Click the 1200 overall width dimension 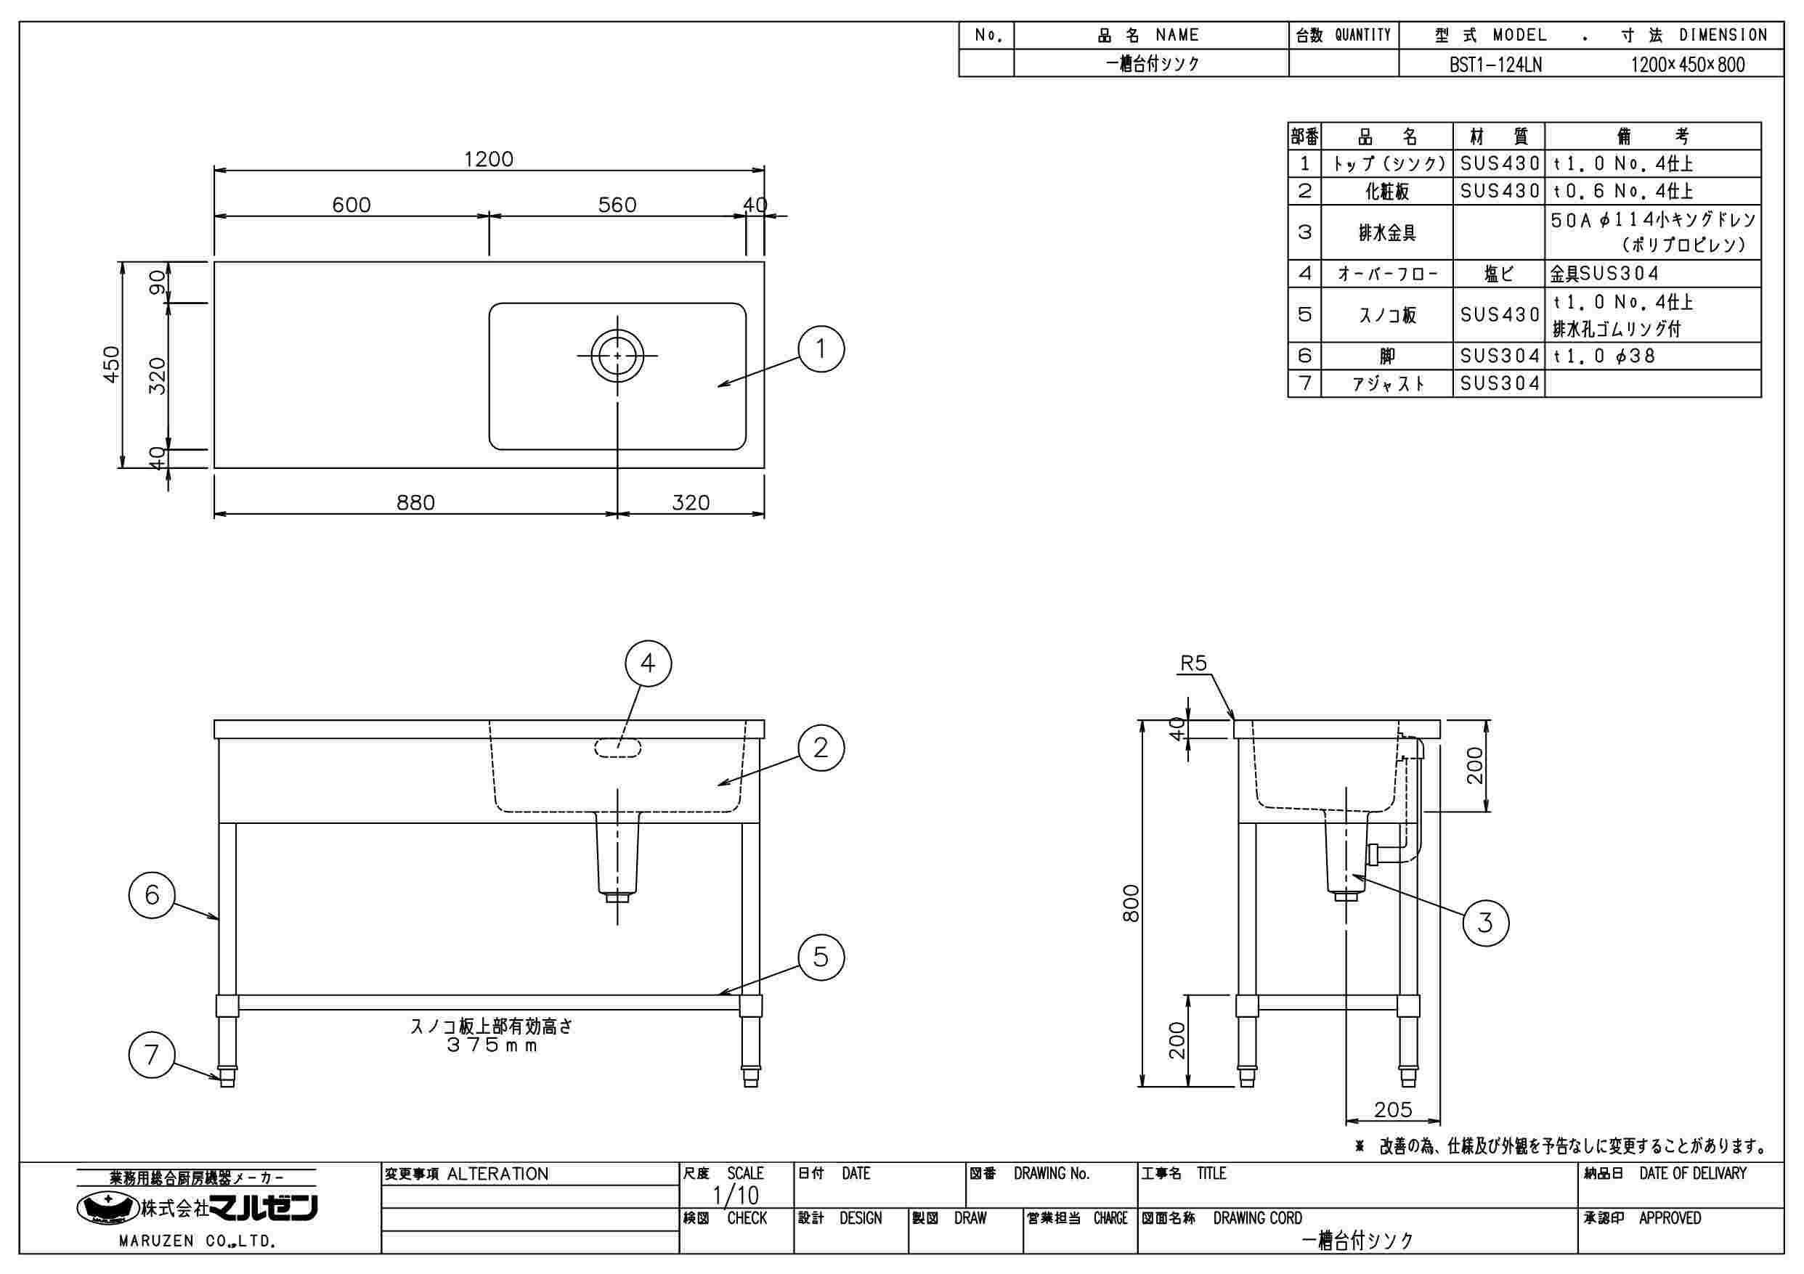click(488, 160)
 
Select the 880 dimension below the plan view click(415, 502)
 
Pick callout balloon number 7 click(152, 1055)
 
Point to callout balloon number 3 click(1484, 922)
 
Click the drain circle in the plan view click(617, 355)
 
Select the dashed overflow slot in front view click(617, 748)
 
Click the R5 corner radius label click(1192, 663)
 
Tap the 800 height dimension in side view click(1131, 903)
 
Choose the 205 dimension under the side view click(1392, 1109)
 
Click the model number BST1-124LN click(1495, 65)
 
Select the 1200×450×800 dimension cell click(1688, 65)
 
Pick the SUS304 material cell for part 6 click(1499, 356)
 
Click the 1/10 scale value click(736, 1196)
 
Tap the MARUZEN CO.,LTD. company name click(196, 1241)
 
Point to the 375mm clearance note click(492, 1045)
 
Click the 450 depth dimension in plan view click(113, 364)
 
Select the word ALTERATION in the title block click(497, 1175)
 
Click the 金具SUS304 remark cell click(1604, 274)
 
